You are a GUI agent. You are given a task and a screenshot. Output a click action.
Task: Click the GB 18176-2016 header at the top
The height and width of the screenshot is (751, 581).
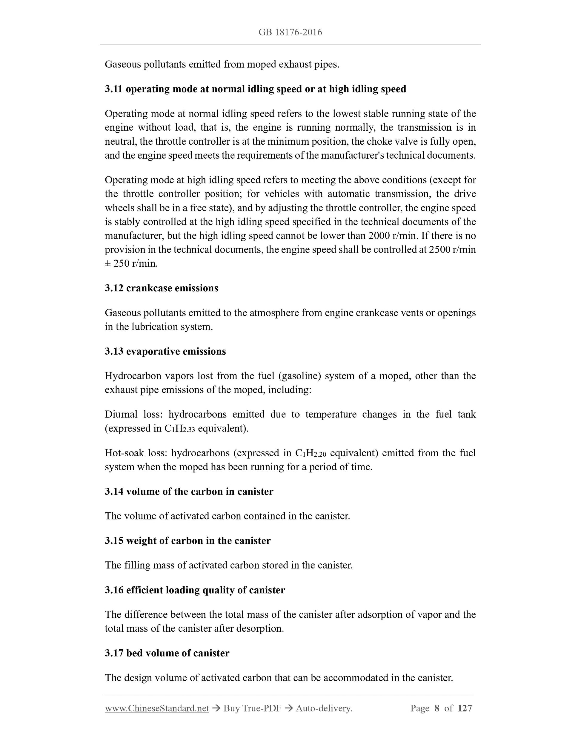point(290,32)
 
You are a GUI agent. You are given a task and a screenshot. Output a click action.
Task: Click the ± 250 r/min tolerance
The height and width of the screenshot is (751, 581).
point(131,264)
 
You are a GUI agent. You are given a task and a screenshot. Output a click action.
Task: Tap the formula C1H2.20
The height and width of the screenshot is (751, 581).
point(311,453)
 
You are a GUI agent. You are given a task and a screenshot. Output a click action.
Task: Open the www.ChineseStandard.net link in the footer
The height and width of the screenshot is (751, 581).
point(157,708)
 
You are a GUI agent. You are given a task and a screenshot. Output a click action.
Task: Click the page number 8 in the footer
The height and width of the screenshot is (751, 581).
point(437,708)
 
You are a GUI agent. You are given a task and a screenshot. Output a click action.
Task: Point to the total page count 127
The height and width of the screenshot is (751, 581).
point(465,708)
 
